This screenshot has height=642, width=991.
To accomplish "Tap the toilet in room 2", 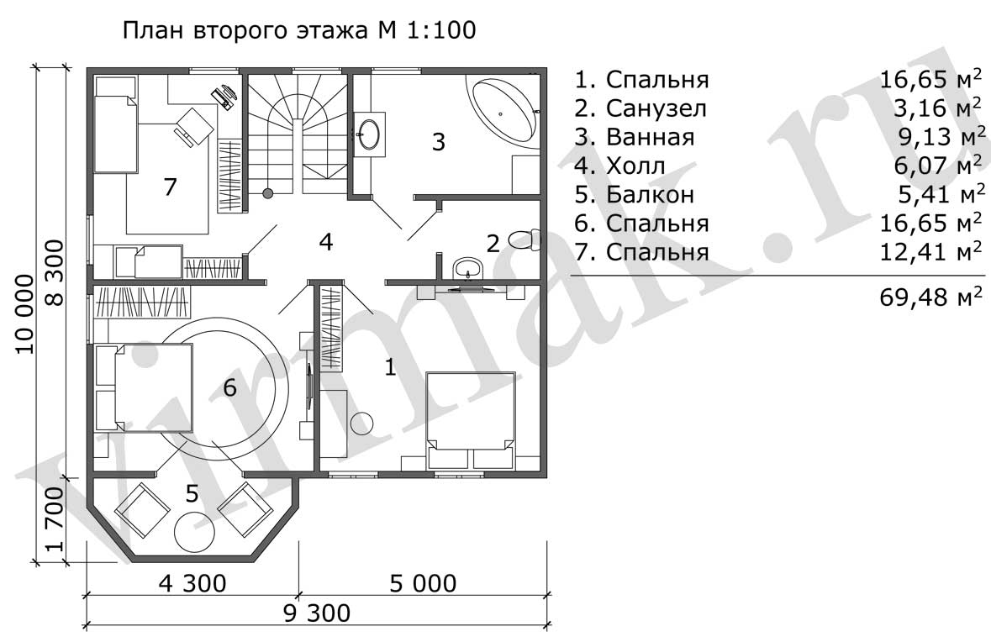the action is (x=524, y=239).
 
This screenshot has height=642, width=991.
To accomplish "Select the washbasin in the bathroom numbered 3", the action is (x=368, y=134).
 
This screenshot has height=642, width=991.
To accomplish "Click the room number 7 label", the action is (x=170, y=187).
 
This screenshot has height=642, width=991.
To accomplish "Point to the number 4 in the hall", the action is (x=325, y=241).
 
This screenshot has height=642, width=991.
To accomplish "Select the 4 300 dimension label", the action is (x=192, y=583).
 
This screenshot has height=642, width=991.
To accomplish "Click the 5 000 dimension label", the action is (x=423, y=583).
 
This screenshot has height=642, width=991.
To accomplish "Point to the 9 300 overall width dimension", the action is (x=317, y=613).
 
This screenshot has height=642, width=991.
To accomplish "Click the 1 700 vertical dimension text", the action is (x=55, y=518).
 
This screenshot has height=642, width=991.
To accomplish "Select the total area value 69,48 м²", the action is (x=931, y=297).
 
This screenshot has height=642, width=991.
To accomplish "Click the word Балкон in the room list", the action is (x=650, y=195).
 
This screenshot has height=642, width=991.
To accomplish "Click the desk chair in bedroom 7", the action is (x=192, y=124).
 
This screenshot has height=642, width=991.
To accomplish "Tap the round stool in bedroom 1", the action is (x=362, y=423).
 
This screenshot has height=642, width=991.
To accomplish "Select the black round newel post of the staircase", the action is (x=268, y=192).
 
